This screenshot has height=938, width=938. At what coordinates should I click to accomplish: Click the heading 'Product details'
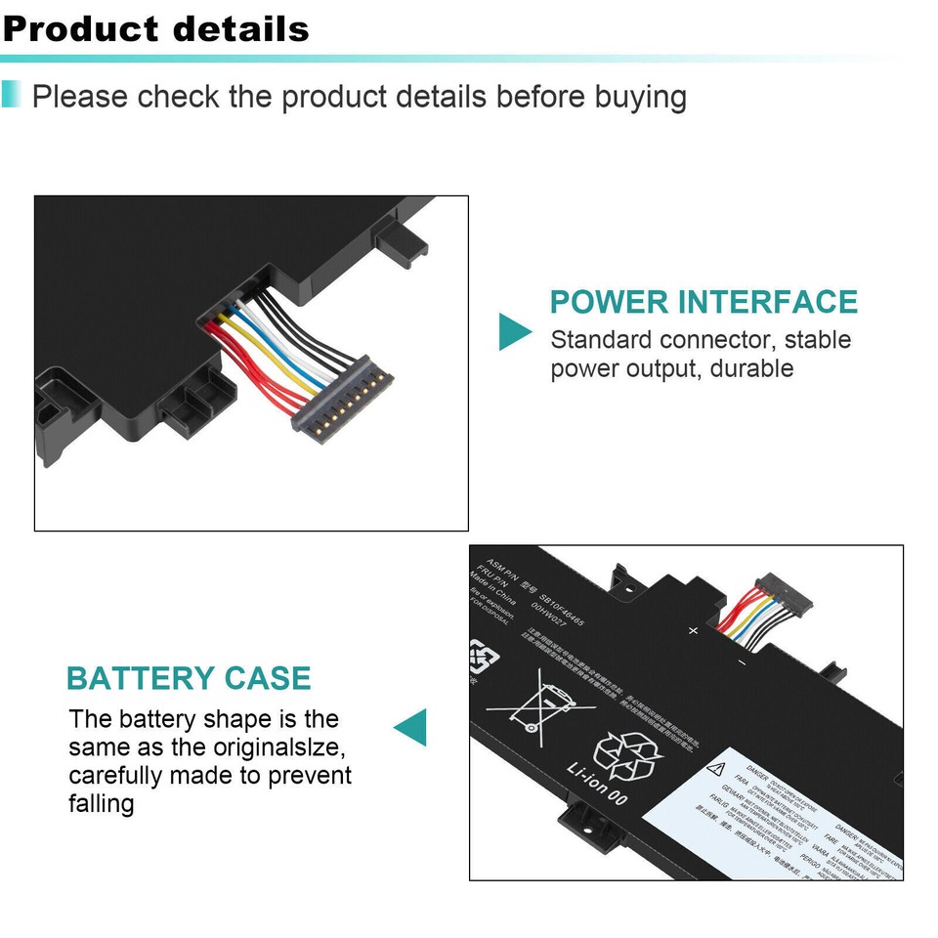click(x=156, y=28)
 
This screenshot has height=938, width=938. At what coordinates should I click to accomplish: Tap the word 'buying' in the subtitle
click(x=640, y=97)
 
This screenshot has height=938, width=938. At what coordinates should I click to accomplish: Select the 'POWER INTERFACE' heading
click(x=703, y=301)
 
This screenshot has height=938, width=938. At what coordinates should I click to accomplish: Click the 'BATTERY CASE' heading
click(x=189, y=677)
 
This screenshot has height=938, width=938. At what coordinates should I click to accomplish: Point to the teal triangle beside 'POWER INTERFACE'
click(x=514, y=332)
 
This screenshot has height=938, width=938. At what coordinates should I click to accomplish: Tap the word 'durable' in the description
click(x=751, y=368)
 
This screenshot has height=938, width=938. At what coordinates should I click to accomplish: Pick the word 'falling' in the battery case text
click(x=102, y=803)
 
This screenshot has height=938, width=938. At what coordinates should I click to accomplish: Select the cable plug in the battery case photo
click(x=776, y=593)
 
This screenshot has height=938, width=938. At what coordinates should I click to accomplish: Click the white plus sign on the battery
click(x=694, y=630)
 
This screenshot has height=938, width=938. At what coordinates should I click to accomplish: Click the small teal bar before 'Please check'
click(x=11, y=95)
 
